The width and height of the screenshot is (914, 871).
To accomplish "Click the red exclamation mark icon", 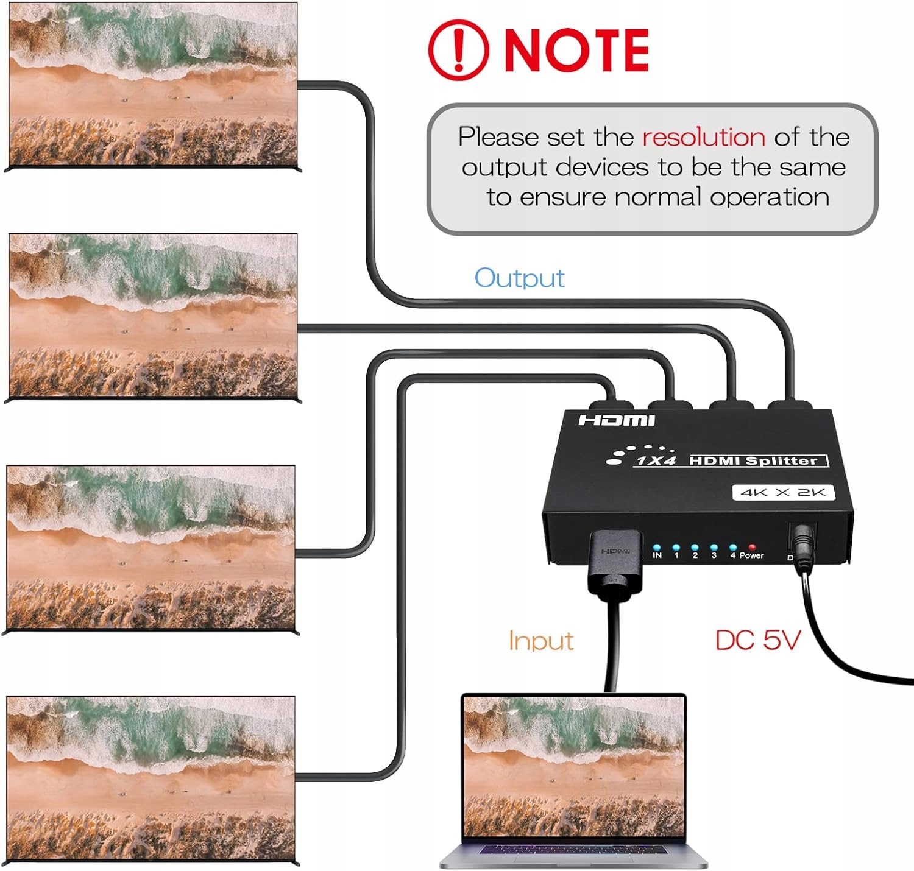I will tap(458, 50).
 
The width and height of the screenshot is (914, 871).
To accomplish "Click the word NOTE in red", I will tap(576, 51).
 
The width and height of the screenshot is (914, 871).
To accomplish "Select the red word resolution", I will tap(703, 137).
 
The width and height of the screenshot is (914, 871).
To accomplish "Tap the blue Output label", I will tap(519, 278).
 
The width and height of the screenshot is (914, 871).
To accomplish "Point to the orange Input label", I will tap(540, 641).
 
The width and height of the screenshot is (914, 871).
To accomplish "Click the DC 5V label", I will tap(757, 640).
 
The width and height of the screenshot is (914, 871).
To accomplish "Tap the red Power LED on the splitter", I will tap(752, 548).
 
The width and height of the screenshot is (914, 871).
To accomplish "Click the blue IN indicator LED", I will tap(657, 548).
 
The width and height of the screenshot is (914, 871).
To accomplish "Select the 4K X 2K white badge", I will tap(783, 492).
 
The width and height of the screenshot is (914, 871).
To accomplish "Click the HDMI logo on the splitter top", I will tap(616, 420).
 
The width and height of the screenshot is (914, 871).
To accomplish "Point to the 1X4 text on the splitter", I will tap(656, 460).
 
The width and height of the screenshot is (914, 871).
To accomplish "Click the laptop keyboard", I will tap(573, 850).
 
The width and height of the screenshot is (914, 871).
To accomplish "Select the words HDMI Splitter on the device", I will tap(753, 460).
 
